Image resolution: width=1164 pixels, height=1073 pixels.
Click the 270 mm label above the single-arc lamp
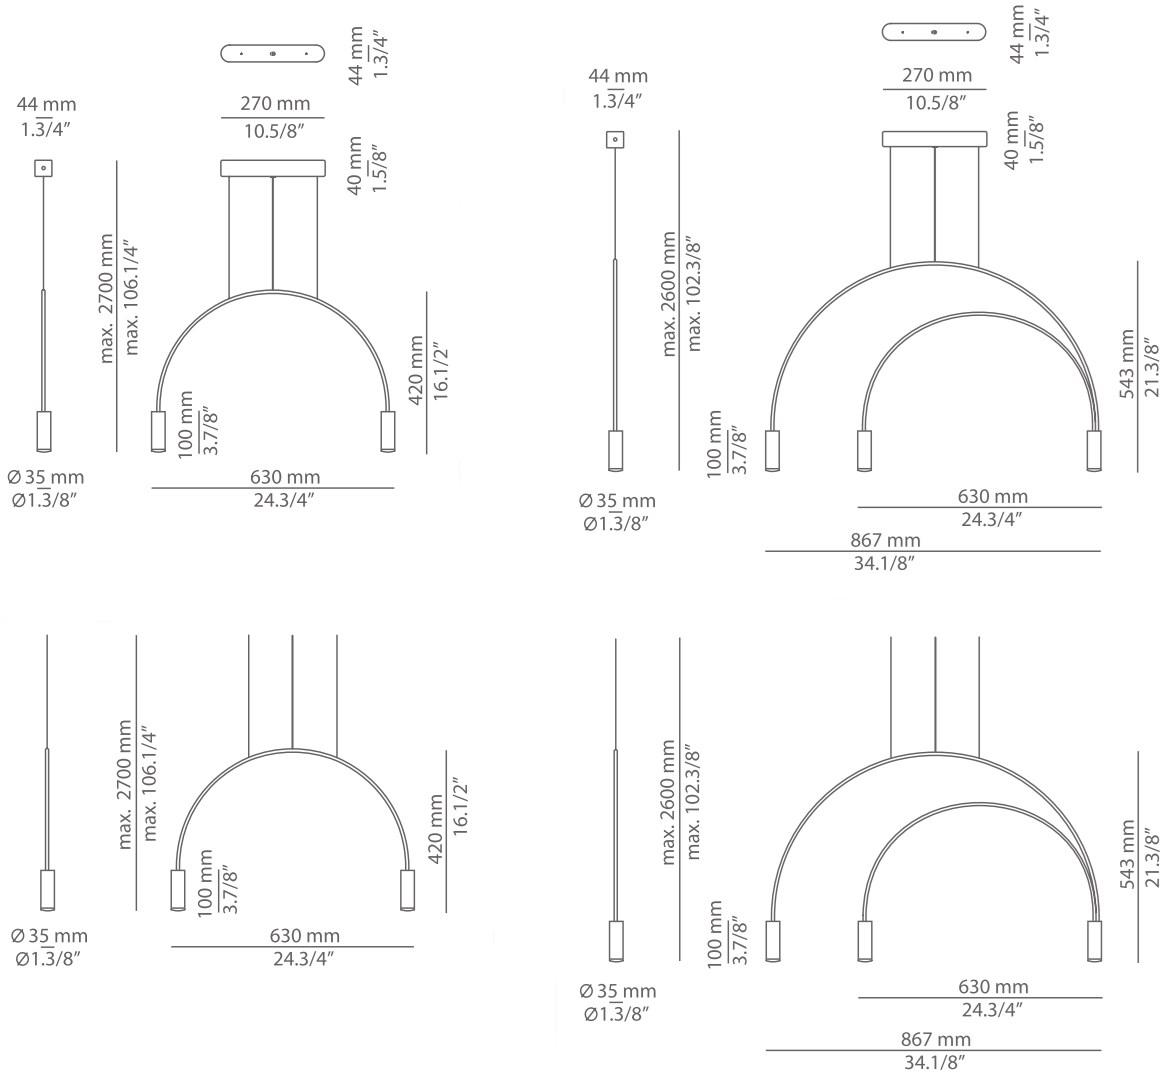[275, 103]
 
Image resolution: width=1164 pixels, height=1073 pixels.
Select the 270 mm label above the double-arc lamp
[937, 75]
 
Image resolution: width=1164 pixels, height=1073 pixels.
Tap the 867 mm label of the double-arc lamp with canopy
[885, 540]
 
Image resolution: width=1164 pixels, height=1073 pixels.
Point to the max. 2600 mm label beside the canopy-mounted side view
[669, 293]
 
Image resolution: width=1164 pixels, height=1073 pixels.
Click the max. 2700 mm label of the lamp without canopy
[125, 784]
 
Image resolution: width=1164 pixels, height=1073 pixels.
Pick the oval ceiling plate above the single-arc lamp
[273, 53]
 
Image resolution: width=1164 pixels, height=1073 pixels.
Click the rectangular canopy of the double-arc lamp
[935, 139]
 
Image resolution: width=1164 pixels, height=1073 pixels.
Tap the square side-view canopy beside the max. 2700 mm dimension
[43, 169]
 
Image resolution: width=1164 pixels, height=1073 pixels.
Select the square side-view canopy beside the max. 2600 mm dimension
[615, 140]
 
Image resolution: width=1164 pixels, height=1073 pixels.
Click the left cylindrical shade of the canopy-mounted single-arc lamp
[157, 431]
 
